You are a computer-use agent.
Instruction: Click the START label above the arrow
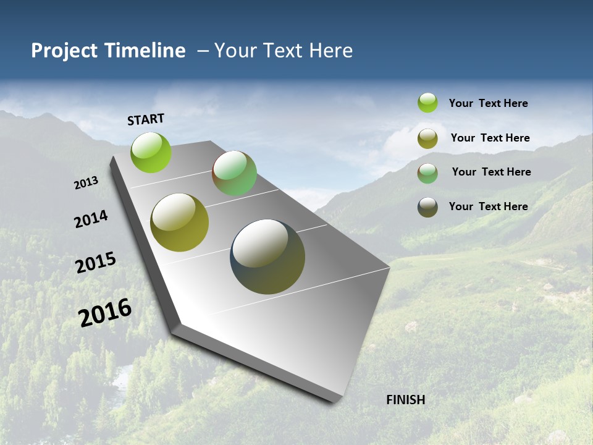tap(146, 119)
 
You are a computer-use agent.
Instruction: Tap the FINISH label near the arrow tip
tap(405, 400)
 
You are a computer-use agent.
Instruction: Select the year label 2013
tap(86, 183)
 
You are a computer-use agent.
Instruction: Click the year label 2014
tap(91, 219)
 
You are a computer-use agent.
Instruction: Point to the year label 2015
tap(96, 262)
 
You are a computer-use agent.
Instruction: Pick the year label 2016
tap(105, 313)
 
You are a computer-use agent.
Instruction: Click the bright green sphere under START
tap(151, 152)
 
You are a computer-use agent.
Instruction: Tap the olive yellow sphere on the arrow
tap(179, 222)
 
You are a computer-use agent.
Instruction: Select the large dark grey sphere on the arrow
tap(267, 256)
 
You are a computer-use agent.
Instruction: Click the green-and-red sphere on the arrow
tap(234, 173)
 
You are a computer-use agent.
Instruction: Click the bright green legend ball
tap(427, 103)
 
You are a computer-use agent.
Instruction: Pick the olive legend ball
tap(427, 138)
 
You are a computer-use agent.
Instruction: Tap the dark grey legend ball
tap(427, 207)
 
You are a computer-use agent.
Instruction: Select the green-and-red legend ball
tap(427, 173)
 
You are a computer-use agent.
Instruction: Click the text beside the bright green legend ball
tap(488, 103)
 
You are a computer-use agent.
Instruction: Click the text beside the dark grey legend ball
tap(488, 206)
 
